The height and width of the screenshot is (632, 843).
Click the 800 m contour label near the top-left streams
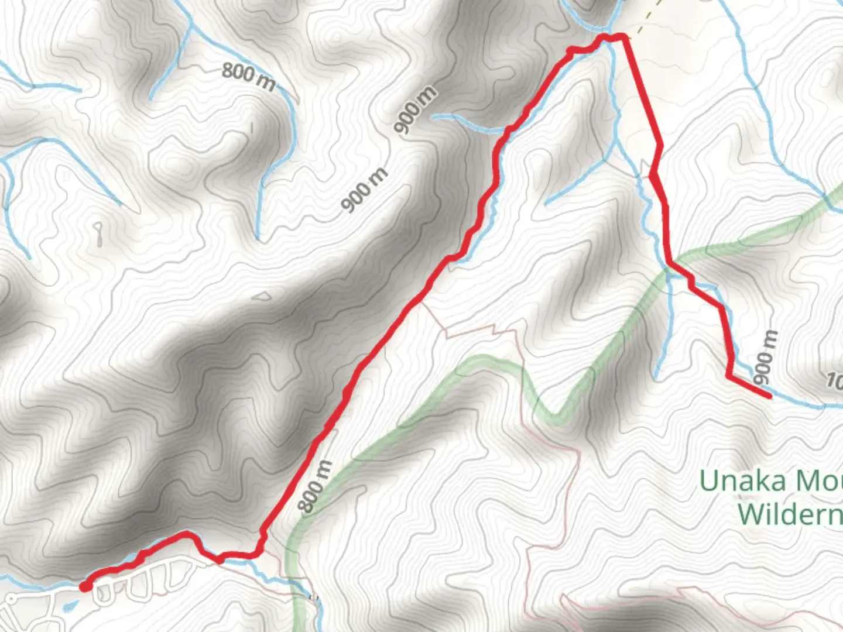coord(248,77)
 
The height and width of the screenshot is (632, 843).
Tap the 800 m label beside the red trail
coord(317,486)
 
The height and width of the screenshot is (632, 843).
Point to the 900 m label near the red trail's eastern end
coord(767,356)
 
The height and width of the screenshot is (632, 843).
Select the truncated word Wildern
coord(789,514)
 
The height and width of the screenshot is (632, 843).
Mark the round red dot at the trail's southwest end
coord(85,586)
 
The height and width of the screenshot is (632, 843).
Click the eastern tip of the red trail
coord(769,397)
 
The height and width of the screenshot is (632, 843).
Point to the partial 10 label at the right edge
coord(834,382)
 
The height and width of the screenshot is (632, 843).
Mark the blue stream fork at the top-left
coord(191,26)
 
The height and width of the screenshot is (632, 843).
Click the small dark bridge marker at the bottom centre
coord(314,597)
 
